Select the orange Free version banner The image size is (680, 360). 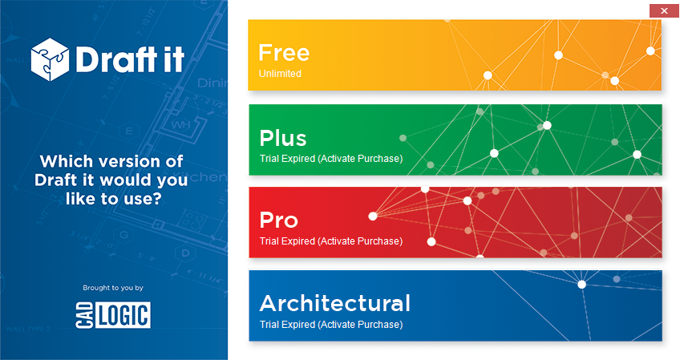tap(455, 55)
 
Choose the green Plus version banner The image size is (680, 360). tap(455, 140)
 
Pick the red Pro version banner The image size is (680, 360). tap(455, 223)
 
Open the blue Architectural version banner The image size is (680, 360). tap(455, 305)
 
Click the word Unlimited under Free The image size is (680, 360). tap(280, 74)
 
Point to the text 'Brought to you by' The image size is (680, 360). tap(113, 287)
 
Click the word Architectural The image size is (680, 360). tap(334, 303)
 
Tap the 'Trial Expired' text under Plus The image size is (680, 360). tap(330, 158)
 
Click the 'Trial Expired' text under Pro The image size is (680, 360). tap(330, 241)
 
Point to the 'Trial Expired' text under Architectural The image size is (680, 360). tap(330, 325)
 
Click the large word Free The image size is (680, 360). tap(283, 53)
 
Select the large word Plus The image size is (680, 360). tap(282, 137)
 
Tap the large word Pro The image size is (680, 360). tap(278, 220)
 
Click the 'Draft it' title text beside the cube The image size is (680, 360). tap(128, 58)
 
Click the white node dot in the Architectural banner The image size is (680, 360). tap(581, 284)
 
